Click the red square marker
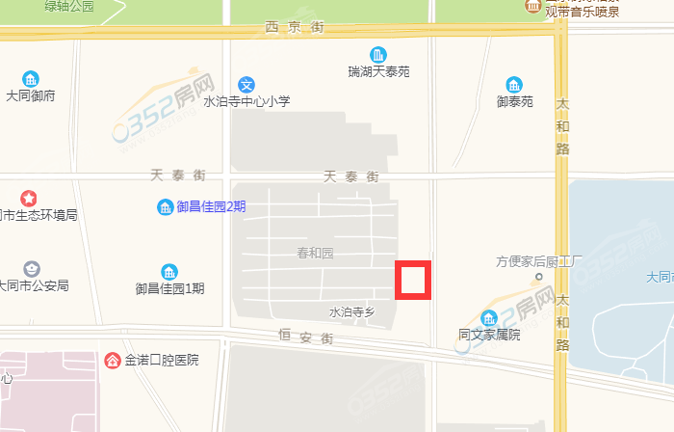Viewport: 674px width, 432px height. pos(413,280)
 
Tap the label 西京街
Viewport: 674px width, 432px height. pos(295,28)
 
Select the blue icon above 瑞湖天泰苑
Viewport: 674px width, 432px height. pos(380,54)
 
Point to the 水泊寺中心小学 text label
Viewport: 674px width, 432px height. pos(246,101)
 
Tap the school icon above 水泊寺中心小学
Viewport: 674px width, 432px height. pos(247,84)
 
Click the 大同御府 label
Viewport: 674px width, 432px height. pos(31,95)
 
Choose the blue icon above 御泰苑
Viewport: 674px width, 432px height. pos(515,84)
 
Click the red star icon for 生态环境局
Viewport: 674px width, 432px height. pos(29,198)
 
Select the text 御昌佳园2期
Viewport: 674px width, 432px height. pos(211,206)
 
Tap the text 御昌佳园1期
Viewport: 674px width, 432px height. pos(170,287)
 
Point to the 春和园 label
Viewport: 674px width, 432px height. pos(315,254)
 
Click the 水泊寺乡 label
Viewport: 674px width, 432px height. pos(351,311)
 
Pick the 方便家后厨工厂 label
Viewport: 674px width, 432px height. pos(540,261)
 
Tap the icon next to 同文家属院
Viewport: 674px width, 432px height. pos(489,318)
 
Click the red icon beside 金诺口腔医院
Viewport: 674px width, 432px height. pos(113,361)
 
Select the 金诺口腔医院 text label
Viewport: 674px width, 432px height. pos(161,361)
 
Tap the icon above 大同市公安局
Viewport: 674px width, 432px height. pos(32,268)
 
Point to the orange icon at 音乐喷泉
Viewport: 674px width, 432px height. pos(532,6)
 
